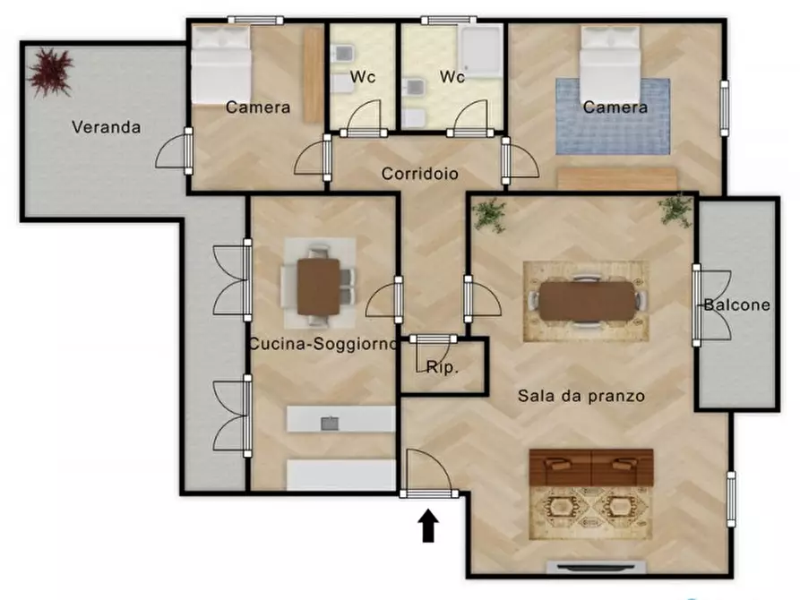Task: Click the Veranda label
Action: [x=106, y=127]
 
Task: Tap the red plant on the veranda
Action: [x=49, y=71]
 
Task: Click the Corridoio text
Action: [x=420, y=174]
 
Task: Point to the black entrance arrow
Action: [x=428, y=526]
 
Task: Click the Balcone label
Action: [x=736, y=304]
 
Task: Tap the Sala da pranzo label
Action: [x=581, y=395]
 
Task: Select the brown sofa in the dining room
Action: [x=591, y=467]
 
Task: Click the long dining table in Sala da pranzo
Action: [x=587, y=301]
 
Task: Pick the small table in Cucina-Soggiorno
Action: [x=318, y=286]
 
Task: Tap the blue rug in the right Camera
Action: [x=613, y=117]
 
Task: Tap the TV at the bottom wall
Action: [x=596, y=567]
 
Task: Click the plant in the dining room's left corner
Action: [x=489, y=214]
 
